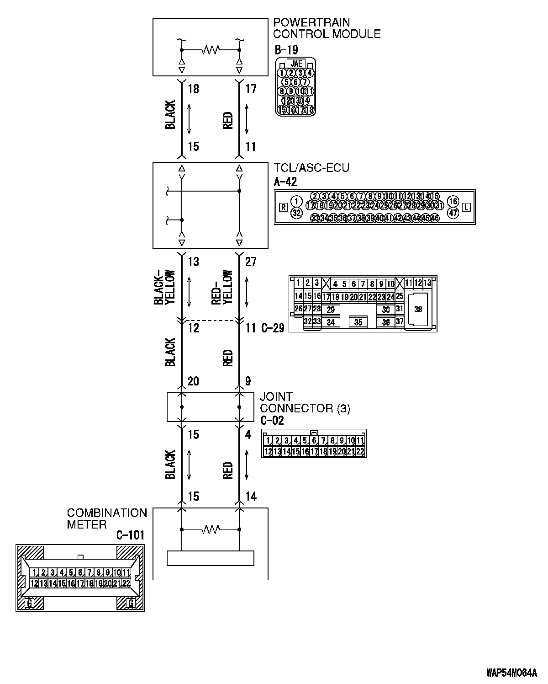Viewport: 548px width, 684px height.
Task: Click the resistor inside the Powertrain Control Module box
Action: click(x=210, y=49)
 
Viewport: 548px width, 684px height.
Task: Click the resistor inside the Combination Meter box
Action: click(x=210, y=529)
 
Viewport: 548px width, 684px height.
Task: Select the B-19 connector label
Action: click(x=286, y=49)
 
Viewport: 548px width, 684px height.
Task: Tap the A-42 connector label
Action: click(x=285, y=182)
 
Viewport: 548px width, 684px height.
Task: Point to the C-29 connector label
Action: click(x=273, y=328)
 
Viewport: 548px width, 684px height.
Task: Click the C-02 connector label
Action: click(x=272, y=421)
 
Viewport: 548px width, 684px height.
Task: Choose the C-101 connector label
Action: click(x=130, y=535)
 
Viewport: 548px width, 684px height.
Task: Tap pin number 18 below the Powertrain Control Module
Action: click(x=194, y=89)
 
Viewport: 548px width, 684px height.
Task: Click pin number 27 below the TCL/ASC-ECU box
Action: click(x=251, y=262)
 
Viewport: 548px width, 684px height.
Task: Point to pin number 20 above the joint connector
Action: click(x=194, y=381)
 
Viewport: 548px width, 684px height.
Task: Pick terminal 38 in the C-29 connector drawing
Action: click(x=418, y=310)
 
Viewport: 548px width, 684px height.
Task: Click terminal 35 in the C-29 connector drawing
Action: click(x=358, y=322)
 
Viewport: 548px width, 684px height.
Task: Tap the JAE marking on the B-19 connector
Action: click(x=296, y=64)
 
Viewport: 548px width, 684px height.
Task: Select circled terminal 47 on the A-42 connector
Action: click(x=453, y=213)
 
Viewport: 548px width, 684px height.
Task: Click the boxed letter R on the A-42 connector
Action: click(x=283, y=207)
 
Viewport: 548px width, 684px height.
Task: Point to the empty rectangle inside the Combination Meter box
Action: click(x=210, y=558)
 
